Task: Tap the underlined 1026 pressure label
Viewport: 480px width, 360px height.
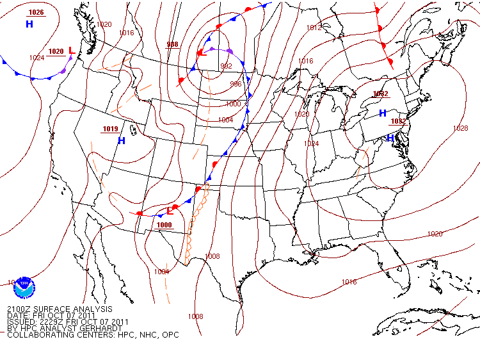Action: pyautogui.click(x=36, y=13)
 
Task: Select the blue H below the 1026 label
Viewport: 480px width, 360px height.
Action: pyautogui.click(x=29, y=24)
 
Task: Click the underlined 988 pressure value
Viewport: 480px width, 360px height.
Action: pyautogui.click(x=172, y=44)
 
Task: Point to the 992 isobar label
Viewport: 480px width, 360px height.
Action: pyautogui.click(x=226, y=66)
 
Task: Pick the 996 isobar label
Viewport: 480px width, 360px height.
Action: pyautogui.click(x=236, y=84)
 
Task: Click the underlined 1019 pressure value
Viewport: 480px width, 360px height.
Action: pyautogui.click(x=110, y=129)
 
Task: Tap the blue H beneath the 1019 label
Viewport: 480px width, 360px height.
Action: pyautogui.click(x=121, y=140)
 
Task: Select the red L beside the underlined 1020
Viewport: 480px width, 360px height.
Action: pyautogui.click(x=72, y=51)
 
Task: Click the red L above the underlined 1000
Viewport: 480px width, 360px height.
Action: pyautogui.click(x=170, y=211)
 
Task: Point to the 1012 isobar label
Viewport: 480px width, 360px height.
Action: pyautogui.click(x=314, y=28)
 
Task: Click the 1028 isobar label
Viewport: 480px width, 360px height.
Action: pyautogui.click(x=460, y=128)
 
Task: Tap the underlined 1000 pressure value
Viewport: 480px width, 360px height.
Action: pyautogui.click(x=164, y=225)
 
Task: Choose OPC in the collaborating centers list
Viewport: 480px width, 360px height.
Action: pyautogui.click(x=170, y=335)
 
